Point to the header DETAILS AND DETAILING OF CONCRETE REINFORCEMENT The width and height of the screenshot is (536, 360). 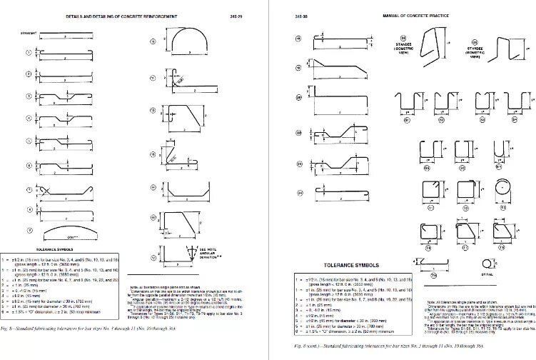(x=121, y=14)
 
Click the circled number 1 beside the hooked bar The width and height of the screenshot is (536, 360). (x=29, y=52)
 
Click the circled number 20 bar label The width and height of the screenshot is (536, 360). (x=300, y=96)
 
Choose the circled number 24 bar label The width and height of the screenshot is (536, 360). (x=300, y=193)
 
